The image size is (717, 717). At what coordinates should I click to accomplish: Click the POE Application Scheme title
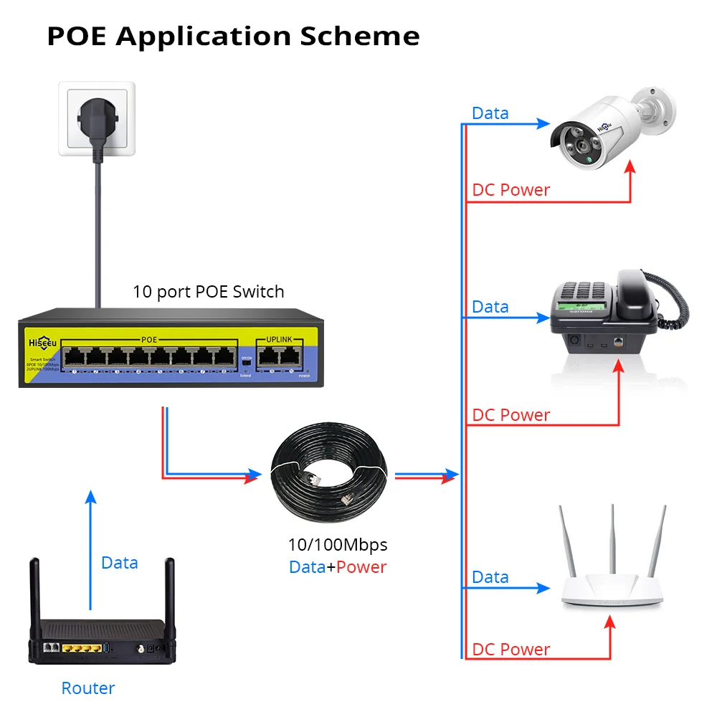[x=233, y=36]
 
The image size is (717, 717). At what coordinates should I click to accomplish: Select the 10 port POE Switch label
[x=208, y=292]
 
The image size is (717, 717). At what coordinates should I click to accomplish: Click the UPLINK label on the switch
[x=280, y=338]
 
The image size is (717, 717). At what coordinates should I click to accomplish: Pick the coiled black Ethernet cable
[x=329, y=473]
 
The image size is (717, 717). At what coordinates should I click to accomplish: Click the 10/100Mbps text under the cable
[x=337, y=544]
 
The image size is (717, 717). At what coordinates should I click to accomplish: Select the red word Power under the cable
[x=361, y=567]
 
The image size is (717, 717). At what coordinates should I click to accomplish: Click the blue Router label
[x=87, y=688]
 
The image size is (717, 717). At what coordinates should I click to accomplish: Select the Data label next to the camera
[x=490, y=113]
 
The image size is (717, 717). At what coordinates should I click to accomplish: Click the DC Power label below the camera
[x=511, y=190]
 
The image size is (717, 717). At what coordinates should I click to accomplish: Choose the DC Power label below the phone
[x=511, y=415]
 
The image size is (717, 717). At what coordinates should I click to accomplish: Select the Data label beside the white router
[x=490, y=577]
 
